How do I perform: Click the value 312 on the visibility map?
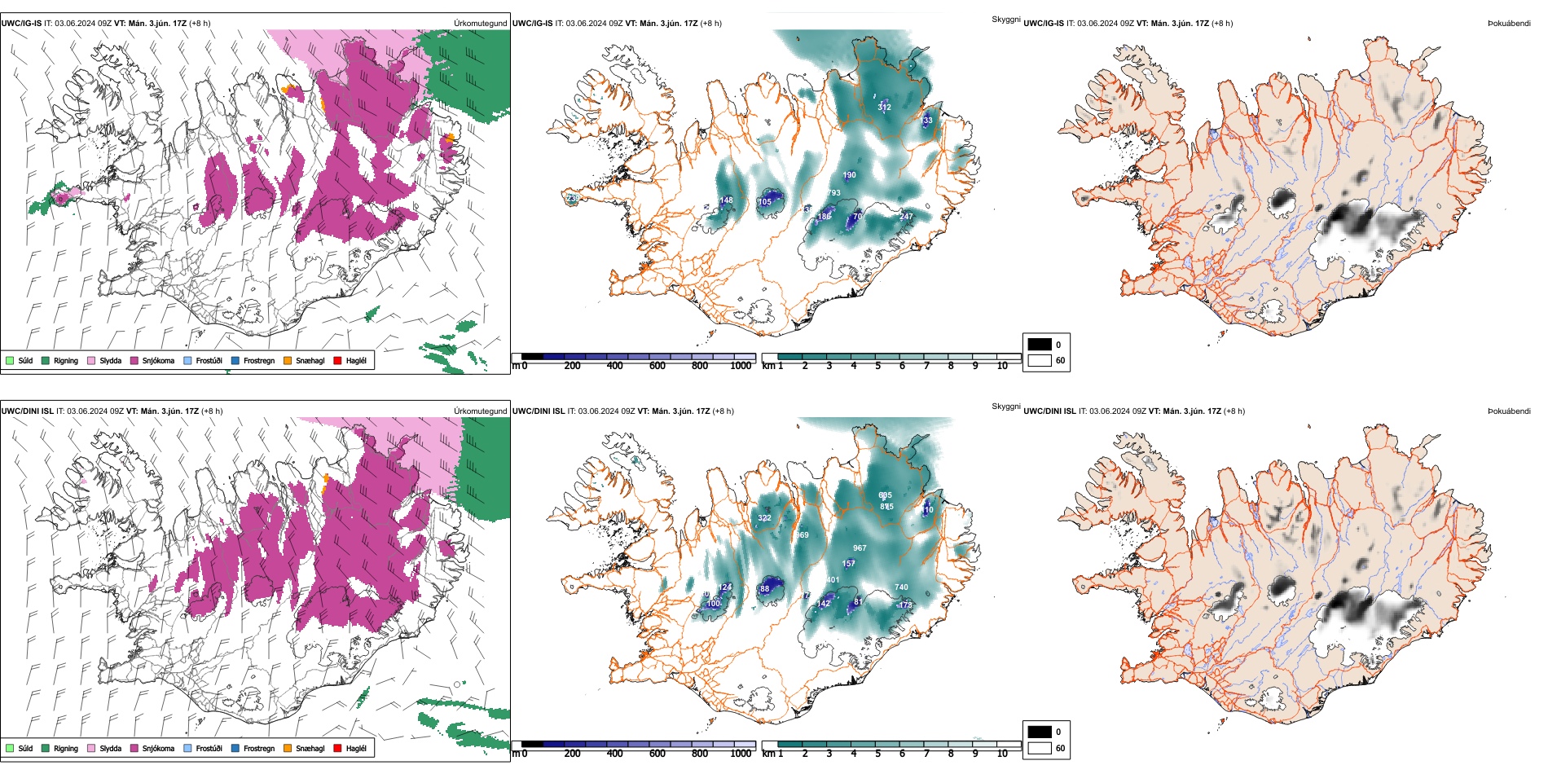pos(884,108)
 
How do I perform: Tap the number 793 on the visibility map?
pos(833,193)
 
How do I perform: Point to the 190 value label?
pos(849,175)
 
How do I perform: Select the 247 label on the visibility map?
pos(906,217)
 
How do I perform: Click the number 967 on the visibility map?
pos(860,548)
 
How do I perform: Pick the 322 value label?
pos(764,518)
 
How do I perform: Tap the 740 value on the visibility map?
pos(901,587)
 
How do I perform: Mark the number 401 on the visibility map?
pos(833,580)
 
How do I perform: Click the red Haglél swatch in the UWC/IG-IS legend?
pos(337,360)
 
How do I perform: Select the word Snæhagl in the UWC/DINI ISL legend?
pos(310,748)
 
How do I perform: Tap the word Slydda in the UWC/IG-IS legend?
pos(110,360)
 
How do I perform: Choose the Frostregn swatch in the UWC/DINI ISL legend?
pos(235,748)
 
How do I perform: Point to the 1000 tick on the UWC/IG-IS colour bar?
pos(741,366)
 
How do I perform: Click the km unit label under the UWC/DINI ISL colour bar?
pos(767,754)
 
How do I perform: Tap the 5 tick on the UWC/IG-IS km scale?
pos(877,366)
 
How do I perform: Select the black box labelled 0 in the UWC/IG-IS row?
pos(1040,345)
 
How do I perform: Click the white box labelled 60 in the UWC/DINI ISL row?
pos(1040,748)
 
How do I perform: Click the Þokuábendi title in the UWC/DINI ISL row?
pos(1509,411)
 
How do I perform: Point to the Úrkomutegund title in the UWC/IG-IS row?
pos(480,24)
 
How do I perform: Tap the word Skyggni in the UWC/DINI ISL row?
pos(1005,407)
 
